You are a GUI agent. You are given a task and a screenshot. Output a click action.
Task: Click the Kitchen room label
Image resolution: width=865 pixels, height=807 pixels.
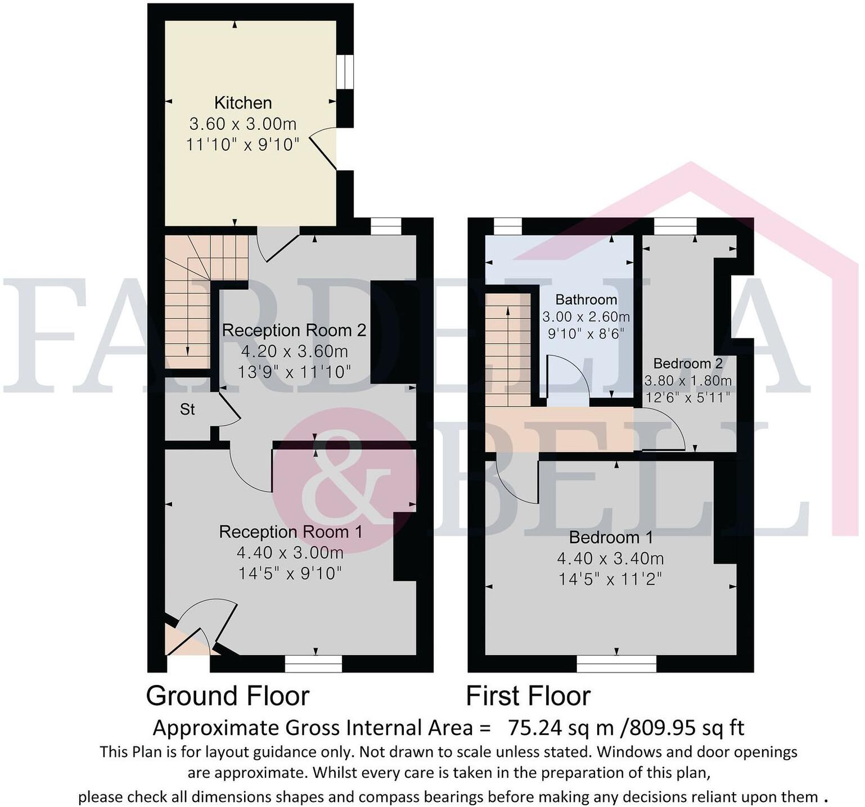[x=243, y=103]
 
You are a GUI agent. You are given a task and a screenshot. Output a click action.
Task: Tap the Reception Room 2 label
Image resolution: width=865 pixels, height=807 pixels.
[x=294, y=330]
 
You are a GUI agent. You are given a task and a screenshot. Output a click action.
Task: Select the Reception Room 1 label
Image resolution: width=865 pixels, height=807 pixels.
[x=290, y=531]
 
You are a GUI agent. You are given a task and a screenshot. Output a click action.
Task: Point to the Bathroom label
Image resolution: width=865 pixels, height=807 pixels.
[x=586, y=300]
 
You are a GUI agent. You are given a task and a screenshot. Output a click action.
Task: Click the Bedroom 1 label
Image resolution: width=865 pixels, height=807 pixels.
[x=611, y=538]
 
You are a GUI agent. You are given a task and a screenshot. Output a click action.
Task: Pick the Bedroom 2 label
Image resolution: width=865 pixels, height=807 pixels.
[x=687, y=363]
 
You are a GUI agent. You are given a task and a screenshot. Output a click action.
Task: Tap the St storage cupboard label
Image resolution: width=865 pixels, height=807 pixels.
[x=187, y=409]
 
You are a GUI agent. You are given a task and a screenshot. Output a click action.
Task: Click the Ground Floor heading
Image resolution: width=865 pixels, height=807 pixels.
[x=227, y=696]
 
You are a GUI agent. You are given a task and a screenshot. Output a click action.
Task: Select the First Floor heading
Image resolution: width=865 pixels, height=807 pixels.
[x=528, y=696]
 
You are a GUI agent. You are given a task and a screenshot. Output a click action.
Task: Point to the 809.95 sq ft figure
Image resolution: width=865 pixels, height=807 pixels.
[x=686, y=728]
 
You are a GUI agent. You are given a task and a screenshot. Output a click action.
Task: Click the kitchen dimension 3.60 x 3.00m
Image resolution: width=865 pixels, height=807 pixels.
[x=243, y=124]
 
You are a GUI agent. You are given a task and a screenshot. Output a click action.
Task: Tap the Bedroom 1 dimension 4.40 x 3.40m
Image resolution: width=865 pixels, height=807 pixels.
[x=610, y=558]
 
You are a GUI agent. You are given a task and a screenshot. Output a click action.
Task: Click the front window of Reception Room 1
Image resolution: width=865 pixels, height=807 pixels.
[x=313, y=664]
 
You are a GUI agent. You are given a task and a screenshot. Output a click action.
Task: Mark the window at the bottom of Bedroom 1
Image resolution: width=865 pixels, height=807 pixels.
[x=616, y=664]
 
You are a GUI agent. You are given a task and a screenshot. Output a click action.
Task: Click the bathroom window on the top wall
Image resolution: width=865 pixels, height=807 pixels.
[x=507, y=226]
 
